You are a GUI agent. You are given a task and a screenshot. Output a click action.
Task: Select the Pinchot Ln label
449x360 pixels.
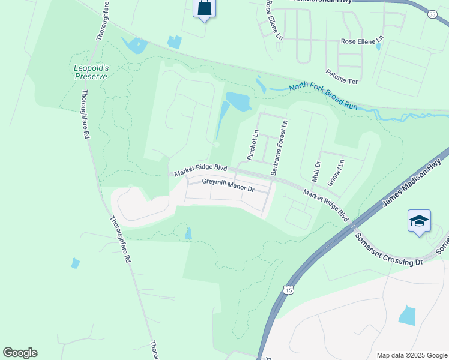[253, 145]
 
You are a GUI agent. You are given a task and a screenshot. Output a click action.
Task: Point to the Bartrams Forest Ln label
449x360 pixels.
[280, 148]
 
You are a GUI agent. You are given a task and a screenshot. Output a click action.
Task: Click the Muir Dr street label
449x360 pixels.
[318, 172]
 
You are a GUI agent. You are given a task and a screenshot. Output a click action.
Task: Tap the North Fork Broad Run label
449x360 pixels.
[323, 96]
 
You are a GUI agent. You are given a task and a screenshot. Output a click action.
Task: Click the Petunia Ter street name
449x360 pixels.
[342, 76]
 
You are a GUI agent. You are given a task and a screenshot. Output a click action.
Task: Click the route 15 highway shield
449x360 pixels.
[290, 290]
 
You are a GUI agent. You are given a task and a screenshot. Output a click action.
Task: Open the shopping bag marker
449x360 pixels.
[204, 8]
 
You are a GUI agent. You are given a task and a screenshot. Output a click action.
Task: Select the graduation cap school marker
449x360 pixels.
[419, 221]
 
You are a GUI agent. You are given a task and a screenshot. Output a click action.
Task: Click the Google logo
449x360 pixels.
[20, 353]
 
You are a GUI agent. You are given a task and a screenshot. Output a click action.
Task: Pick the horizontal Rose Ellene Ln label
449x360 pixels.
[361, 41]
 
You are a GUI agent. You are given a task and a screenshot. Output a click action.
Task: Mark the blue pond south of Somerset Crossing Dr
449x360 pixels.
[407, 315]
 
